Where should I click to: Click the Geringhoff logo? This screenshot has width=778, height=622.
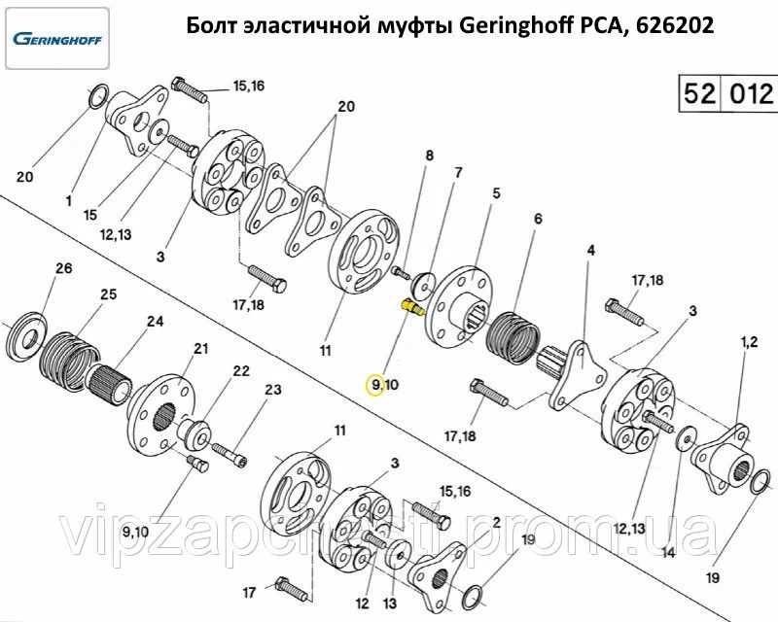[57, 39]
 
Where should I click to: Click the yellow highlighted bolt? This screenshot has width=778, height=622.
[411, 307]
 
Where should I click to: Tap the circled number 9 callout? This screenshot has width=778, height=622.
[374, 385]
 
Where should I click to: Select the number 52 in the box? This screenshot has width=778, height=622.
[699, 93]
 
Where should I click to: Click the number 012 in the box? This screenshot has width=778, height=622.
[751, 93]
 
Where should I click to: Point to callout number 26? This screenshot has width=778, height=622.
[64, 268]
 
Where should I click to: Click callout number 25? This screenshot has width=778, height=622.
[108, 294]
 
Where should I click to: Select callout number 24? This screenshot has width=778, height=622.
[155, 322]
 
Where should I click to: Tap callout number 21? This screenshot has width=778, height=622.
[200, 349]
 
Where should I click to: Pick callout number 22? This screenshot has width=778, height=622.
[241, 371]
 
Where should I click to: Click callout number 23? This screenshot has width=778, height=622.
[273, 390]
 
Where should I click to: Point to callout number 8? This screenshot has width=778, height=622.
[429, 155]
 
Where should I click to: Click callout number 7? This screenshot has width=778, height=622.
[458, 173]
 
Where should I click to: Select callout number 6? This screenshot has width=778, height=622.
[539, 219]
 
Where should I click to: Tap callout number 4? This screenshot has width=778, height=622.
[590, 251]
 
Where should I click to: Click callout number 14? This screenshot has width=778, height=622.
[668, 552]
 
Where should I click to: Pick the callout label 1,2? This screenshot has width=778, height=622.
[749, 342]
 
